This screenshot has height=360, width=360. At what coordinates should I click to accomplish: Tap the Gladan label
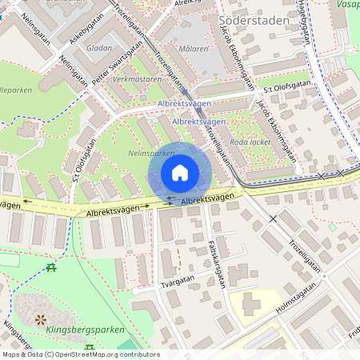point(100,48)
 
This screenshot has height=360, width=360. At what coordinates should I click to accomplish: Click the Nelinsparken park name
point(151,152)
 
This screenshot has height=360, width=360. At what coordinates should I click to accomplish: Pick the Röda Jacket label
point(246,142)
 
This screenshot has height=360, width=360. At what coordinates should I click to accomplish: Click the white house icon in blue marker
point(180,172)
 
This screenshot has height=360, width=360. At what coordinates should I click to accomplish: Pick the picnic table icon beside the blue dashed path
point(51,267)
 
